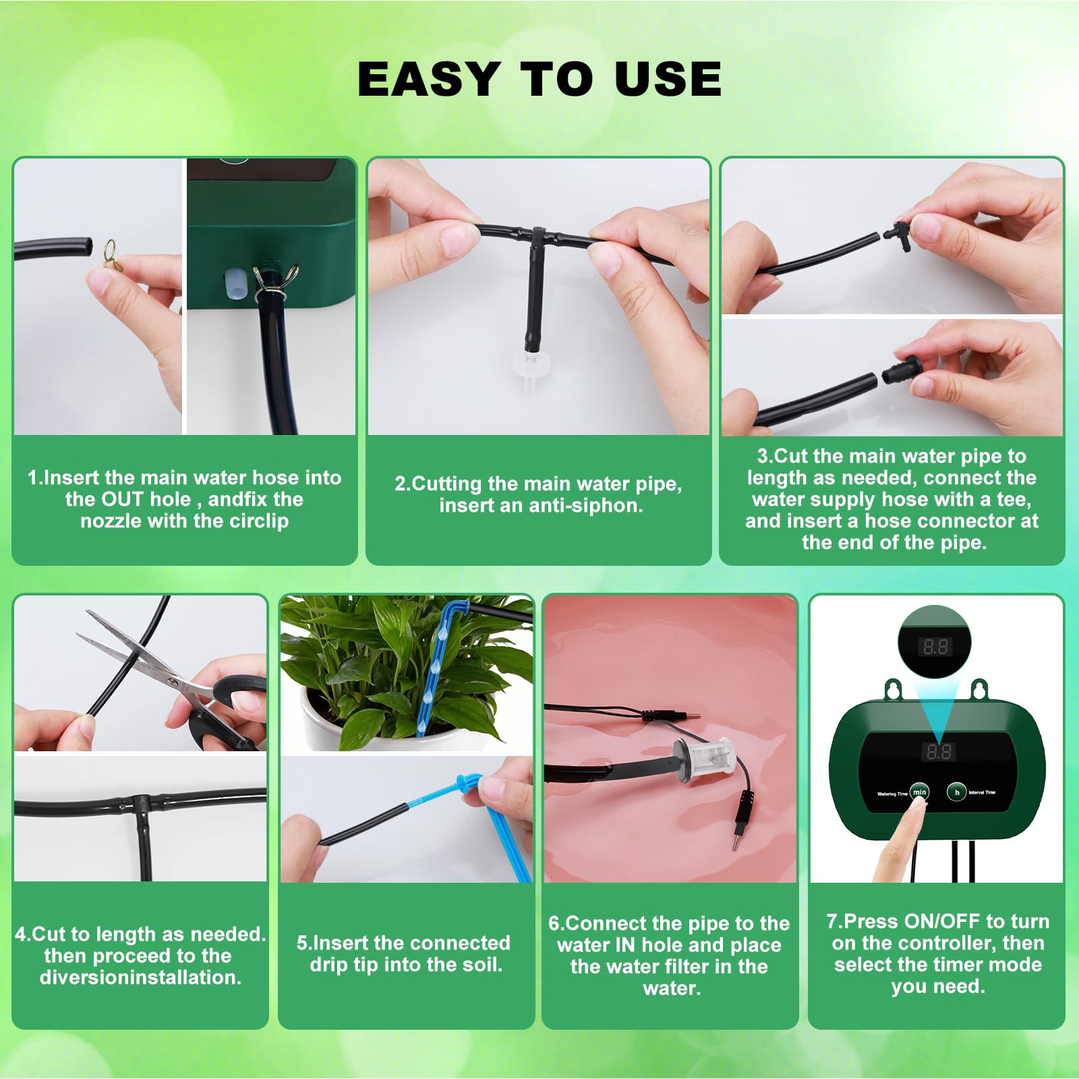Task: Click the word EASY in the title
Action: pyautogui.click(x=429, y=78)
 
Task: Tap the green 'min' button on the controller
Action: pyautogui.click(x=919, y=792)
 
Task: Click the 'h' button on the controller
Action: pyautogui.click(x=956, y=792)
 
